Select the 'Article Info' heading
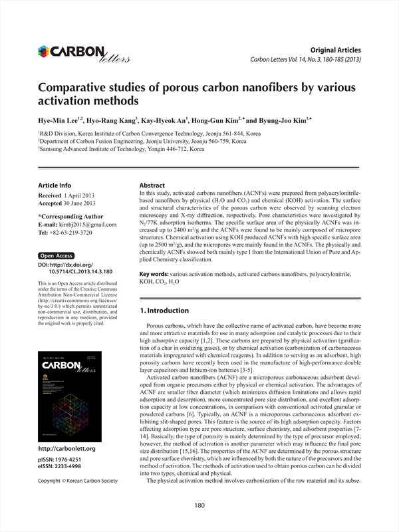tap(55, 185)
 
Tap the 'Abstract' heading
tap(152, 184)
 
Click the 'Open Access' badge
tap(57, 255)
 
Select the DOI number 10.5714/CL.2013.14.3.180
tap(80, 271)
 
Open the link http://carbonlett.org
tap(67, 449)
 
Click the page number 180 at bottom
tap(199, 506)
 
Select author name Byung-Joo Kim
tap(273, 120)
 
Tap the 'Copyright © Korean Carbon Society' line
tap(77, 480)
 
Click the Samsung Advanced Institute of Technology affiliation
tap(127, 150)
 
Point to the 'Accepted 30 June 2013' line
tap(67, 203)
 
